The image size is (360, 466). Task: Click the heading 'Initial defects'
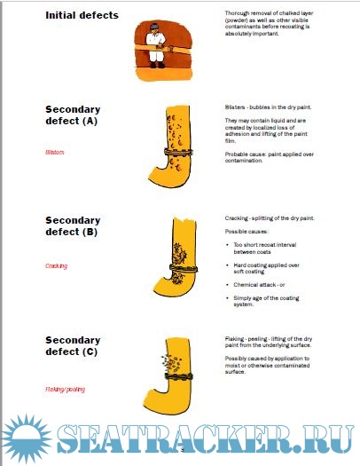coord(82,15)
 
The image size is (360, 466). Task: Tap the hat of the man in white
coord(154,27)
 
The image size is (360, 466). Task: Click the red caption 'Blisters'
coord(55,152)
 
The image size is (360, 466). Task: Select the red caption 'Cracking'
coord(57,266)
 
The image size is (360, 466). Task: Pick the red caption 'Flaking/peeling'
coord(65,390)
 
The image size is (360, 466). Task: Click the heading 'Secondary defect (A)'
coord(73,115)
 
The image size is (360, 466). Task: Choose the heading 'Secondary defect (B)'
coord(73,225)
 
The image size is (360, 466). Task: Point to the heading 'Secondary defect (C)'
coord(73,345)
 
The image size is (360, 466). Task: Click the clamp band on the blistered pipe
coord(178,153)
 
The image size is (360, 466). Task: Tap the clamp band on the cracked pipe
coord(184,268)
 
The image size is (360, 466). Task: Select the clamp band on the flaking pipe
coord(178,377)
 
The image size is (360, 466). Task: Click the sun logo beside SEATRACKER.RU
coord(27,438)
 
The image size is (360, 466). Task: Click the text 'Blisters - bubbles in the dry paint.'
coord(268,107)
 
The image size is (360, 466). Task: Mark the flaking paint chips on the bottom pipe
coord(171,363)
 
